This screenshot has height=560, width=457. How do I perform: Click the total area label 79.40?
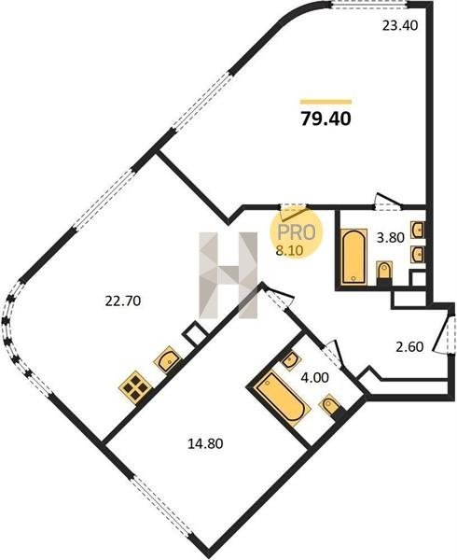(x=326, y=119)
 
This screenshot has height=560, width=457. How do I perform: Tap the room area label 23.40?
(x=399, y=26)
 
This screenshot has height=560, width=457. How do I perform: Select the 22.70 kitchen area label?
(x=123, y=301)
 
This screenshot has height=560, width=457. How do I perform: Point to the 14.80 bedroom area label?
(x=205, y=443)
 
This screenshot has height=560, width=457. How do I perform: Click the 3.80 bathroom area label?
(x=391, y=237)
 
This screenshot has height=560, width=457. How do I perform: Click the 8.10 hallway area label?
(x=290, y=250)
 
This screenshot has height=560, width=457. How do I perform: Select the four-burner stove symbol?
(x=135, y=387)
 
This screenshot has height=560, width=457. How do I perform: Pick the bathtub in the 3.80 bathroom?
(x=353, y=257)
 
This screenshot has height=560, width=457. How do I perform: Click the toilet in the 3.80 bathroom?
(x=384, y=273)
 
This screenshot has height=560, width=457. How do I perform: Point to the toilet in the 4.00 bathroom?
(x=331, y=405)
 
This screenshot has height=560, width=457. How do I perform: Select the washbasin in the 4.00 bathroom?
(x=291, y=359)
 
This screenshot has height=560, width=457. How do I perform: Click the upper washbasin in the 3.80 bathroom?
(x=418, y=230)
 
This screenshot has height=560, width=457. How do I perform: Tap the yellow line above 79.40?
(x=326, y=102)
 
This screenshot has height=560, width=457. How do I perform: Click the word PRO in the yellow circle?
(x=297, y=232)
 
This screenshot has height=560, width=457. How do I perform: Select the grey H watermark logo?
(x=228, y=275)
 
